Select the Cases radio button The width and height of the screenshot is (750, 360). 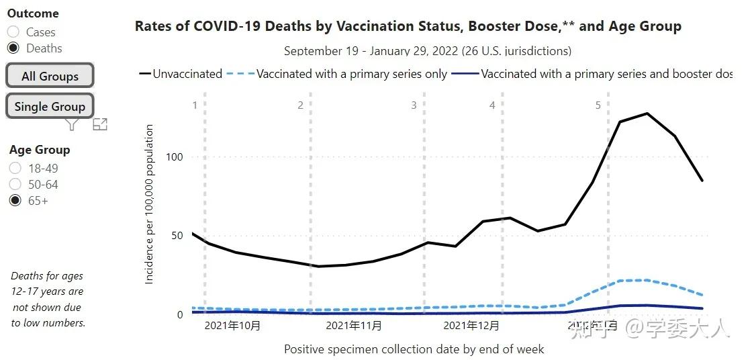point(13,32)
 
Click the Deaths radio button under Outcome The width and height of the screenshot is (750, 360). point(13,48)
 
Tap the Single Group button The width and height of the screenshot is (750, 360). point(50,106)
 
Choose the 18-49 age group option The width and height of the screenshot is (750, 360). point(15,169)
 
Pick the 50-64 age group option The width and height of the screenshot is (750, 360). point(15,185)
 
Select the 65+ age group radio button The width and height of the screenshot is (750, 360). point(15,201)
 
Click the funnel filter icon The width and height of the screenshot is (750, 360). point(73,124)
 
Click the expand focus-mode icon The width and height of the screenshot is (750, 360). point(100,124)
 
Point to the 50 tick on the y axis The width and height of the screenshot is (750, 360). point(177,236)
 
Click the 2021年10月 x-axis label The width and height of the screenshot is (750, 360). point(232,326)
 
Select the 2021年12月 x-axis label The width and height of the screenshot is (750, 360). point(471,326)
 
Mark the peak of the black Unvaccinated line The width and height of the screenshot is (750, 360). point(647,113)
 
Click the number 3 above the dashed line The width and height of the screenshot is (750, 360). point(414,105)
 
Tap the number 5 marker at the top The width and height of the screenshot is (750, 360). point(598,105)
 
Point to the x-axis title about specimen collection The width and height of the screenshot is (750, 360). point(414,349)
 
